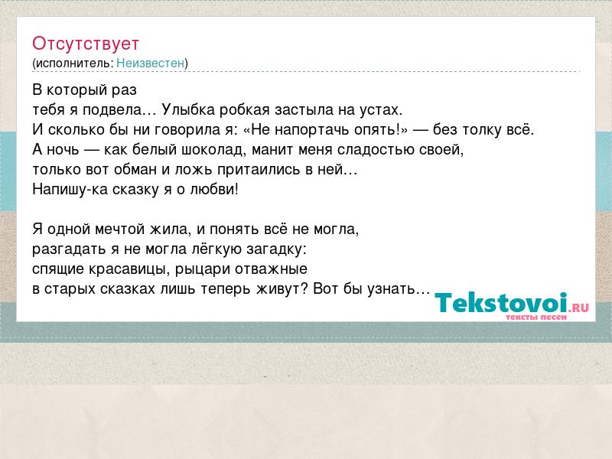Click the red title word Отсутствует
click(x=86, y=44)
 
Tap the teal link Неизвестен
click(x=150, y=63)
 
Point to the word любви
click(x=214, y=189)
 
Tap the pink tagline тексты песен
click(x=536, y=317)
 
